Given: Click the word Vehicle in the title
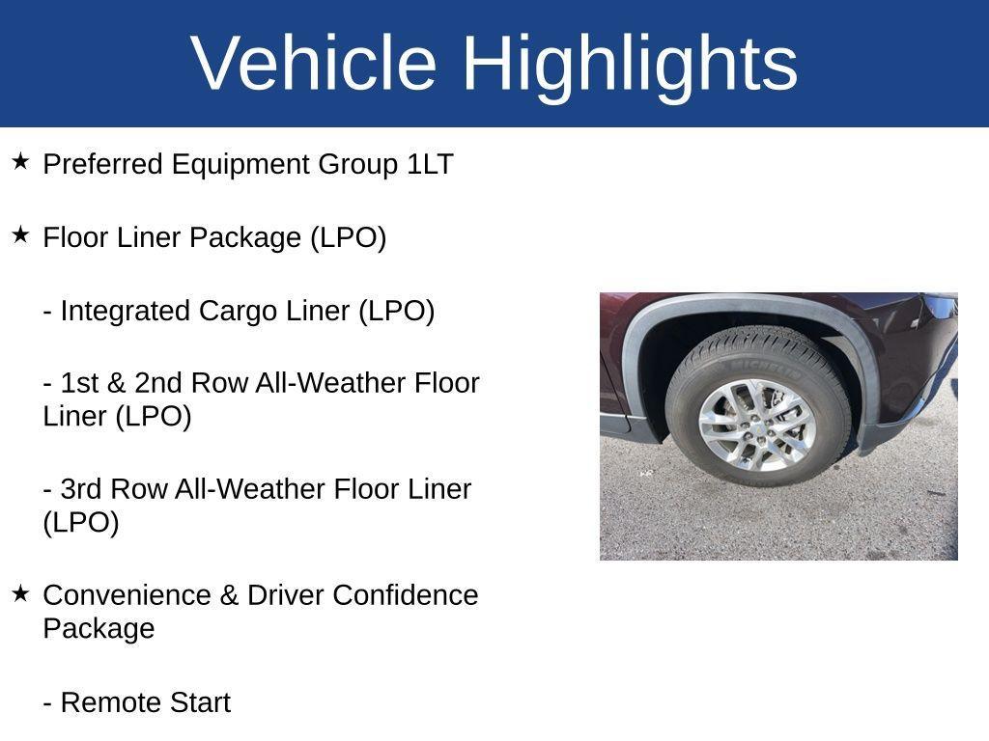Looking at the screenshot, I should click(314, 64).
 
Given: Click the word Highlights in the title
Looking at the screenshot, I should click(630, 64).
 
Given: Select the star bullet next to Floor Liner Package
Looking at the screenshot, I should click(20, 234).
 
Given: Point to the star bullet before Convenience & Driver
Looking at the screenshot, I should click(20, 592).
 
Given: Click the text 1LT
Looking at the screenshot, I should click(430, 164).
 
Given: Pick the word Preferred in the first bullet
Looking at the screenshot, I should click(103, 164).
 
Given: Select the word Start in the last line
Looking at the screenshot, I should click(200, 702).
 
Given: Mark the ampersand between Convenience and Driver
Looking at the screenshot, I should click(229, 595).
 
